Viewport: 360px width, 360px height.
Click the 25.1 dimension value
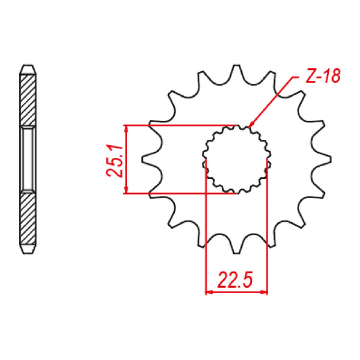coord(115,160)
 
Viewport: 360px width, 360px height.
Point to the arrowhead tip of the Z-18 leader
coord(249,126)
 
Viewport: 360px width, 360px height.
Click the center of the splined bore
coord(236,159)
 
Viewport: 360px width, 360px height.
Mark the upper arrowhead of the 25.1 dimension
coord(126,129)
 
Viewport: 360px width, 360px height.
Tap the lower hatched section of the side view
coord(27,220)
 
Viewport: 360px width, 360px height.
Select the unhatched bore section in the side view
coord(27,159)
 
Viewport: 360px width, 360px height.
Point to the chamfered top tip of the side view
coord(27,68)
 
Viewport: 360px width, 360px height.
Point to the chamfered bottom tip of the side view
coord(27,251)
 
